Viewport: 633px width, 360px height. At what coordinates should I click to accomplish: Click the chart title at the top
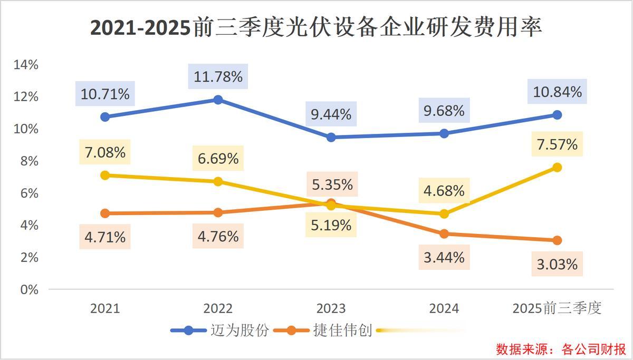point(316,27)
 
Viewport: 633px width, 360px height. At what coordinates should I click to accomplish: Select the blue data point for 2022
point(218,100)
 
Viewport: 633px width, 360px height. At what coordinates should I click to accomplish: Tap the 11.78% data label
point(218,77)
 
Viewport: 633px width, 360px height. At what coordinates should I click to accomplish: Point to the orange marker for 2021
point(105,213)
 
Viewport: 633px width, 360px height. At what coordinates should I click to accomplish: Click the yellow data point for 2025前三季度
point(557,168)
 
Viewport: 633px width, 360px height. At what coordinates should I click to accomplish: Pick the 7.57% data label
point(557,144)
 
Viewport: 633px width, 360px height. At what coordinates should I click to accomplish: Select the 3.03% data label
point(557,264)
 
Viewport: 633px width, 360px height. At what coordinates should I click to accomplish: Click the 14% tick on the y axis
point(26,65)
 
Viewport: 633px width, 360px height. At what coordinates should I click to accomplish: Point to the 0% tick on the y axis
point(29,289)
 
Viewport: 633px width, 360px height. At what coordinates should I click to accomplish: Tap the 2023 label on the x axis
point(331,308)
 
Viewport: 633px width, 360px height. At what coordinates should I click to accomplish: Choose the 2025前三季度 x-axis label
point(557,308)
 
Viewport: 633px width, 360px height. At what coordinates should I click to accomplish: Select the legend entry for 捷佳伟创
point(322,330)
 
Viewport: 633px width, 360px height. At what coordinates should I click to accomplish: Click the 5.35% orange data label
point(331,184)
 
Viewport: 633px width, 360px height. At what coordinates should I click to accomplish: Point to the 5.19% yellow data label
point(331,226)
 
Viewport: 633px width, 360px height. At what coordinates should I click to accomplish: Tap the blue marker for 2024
point(444,133)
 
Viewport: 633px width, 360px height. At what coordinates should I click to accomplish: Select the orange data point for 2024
point(444,234)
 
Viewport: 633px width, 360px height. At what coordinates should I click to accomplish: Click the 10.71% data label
point(105,94)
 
